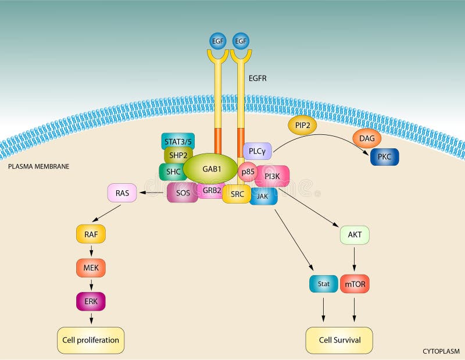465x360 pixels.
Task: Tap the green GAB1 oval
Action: [211, 169]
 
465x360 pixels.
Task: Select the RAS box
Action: [122, 193]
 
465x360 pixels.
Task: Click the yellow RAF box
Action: [91, 234]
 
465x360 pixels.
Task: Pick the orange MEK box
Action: [91, 268]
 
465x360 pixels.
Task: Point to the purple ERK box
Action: [91, 301]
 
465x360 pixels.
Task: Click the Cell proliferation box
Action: [91, 340]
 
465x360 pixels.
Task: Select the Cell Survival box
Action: [339, 340]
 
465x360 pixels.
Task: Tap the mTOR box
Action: [355, 284]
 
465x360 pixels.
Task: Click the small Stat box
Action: [323, 284]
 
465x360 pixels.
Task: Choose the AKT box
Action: [355, 235]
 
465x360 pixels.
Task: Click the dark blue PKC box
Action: [384, 157]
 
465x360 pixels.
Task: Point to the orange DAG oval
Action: [367, 138]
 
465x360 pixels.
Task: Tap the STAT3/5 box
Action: [178, 140]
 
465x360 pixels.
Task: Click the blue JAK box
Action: [263, 196]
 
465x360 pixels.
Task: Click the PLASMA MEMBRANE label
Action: [38, 166]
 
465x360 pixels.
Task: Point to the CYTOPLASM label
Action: [441, 351]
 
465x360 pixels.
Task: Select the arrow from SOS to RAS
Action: [152, 193]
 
